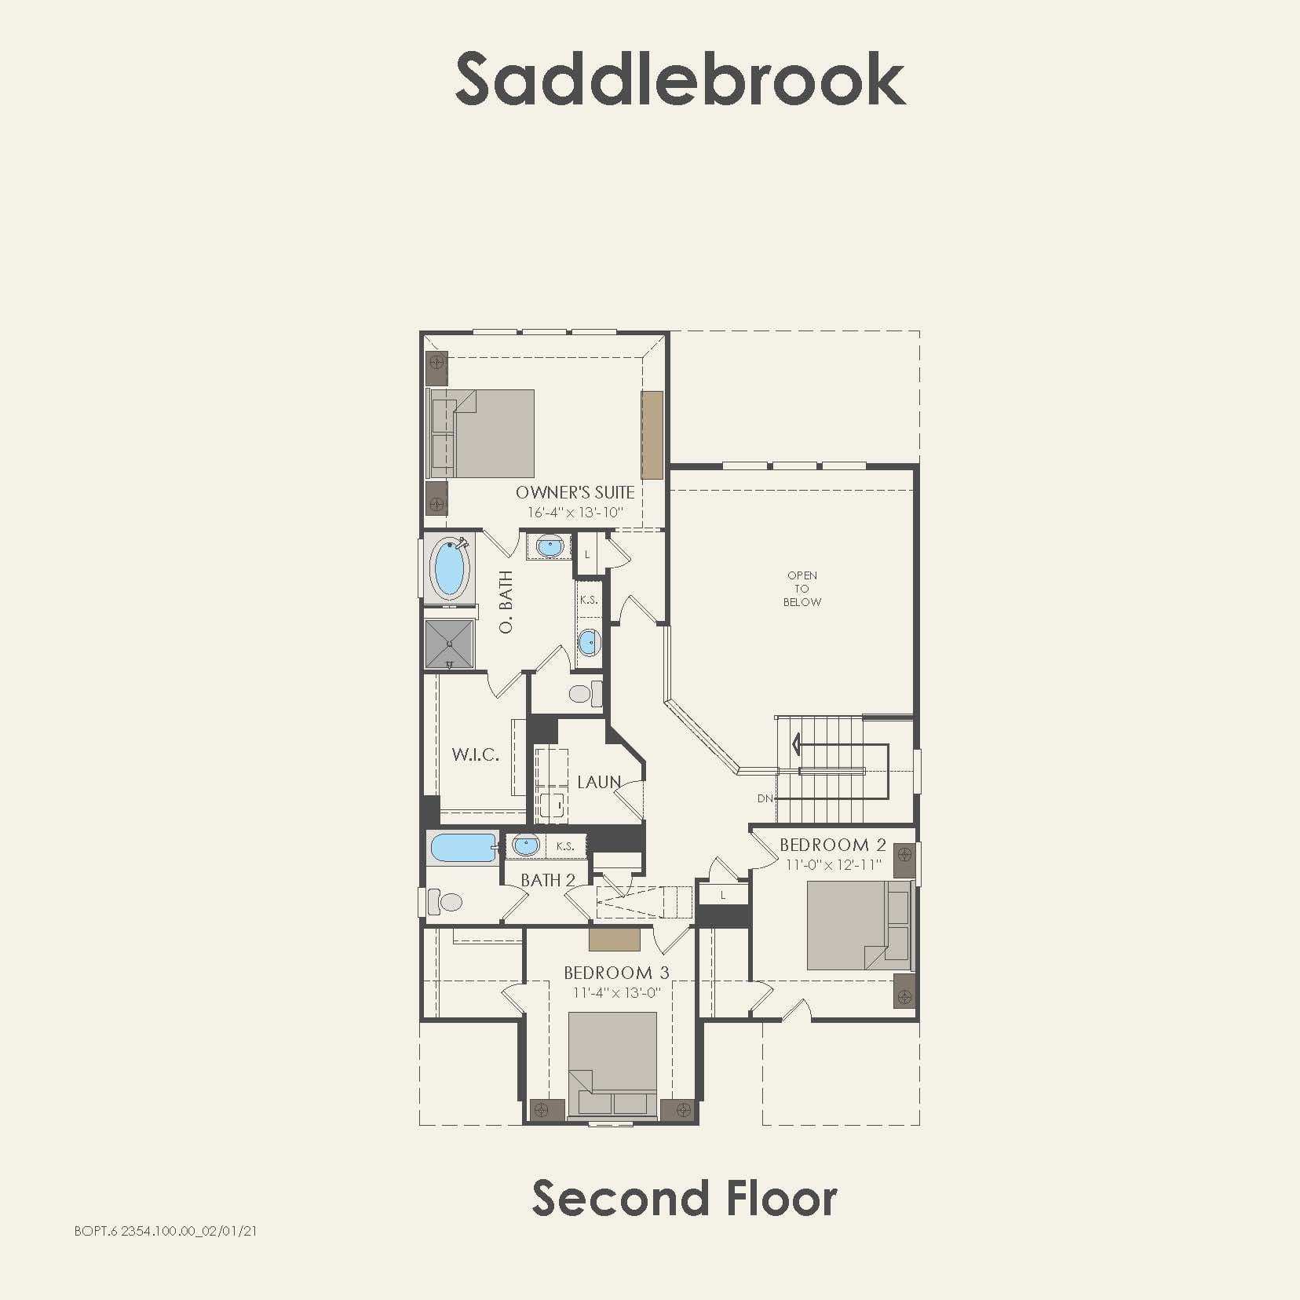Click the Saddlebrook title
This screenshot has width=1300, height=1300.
pos(680,79)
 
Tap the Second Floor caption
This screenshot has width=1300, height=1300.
pos(684,1199)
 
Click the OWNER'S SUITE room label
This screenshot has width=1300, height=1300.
pos(575,492)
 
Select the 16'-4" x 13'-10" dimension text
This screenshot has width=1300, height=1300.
pos(575,513)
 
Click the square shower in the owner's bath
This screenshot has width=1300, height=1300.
pos(450,644)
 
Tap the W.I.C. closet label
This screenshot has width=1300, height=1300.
pos(475,755)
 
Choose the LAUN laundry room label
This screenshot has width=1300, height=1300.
pos(599,782)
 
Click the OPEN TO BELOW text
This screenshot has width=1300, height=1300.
pos(802,589)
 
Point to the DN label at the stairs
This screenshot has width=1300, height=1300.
pos(765,798)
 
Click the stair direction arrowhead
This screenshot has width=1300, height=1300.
pos(798,743)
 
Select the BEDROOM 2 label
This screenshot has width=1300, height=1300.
pos(832,845)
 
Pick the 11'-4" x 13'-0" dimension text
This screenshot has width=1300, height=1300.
pos(616,992)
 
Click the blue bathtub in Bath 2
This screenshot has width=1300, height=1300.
pos(462,848)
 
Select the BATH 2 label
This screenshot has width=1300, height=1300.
pos(548,880)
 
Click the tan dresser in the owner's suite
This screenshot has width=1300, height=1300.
pos(652,434)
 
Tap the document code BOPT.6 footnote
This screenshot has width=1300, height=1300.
pos(165,1231)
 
